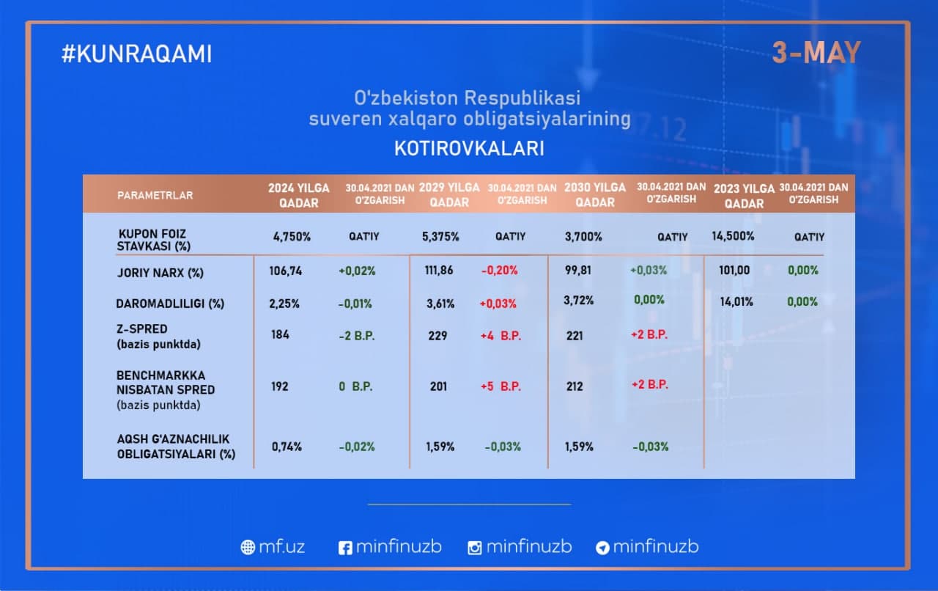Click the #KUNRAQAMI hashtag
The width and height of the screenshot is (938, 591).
pyautogui.click(x=136, y=54)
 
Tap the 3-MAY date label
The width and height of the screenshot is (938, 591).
pyautogui.click(x=816, y=53)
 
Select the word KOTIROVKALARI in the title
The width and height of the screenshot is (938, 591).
pyautogui.click(x=469, y=148)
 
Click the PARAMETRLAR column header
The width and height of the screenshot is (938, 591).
pyautogui.click(x=155, y=195)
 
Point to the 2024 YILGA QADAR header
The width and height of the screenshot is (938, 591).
pyautogui.click(x=298, y=195)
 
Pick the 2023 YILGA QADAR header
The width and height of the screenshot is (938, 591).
pyautogui.click(x=744, y=197)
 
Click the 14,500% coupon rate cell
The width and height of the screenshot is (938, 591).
pyautogui.click(x=733, y=236)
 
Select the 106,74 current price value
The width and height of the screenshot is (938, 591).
pyautogui.click(x=286, y=271)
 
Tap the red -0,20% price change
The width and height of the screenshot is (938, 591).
pyautogui.click(x=500, y=271)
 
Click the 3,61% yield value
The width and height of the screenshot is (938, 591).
pyautogui.click(x=440, y=304)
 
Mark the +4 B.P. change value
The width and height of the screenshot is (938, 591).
pyautogui.click(x=501, y=336)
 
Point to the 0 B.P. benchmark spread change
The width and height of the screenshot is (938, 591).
pyautogui.click(x=355, y=386)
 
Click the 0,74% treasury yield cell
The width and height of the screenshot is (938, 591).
pyautogui.click(x=287, y=447)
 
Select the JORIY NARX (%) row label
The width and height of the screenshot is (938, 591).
pyautogui.click(x=160, y=273)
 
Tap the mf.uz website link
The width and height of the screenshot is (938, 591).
pyautogui.click(x=273, y=546)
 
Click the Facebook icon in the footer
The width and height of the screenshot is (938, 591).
pyautogui.click(x=345, y=548)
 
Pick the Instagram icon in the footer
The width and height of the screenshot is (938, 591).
pyautogui.click(x=474, y=548)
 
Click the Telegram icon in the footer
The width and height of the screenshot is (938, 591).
pyautogui.click(x=602, y=548)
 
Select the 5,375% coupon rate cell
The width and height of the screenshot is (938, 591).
pyautogui.click(x=440, y=237)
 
